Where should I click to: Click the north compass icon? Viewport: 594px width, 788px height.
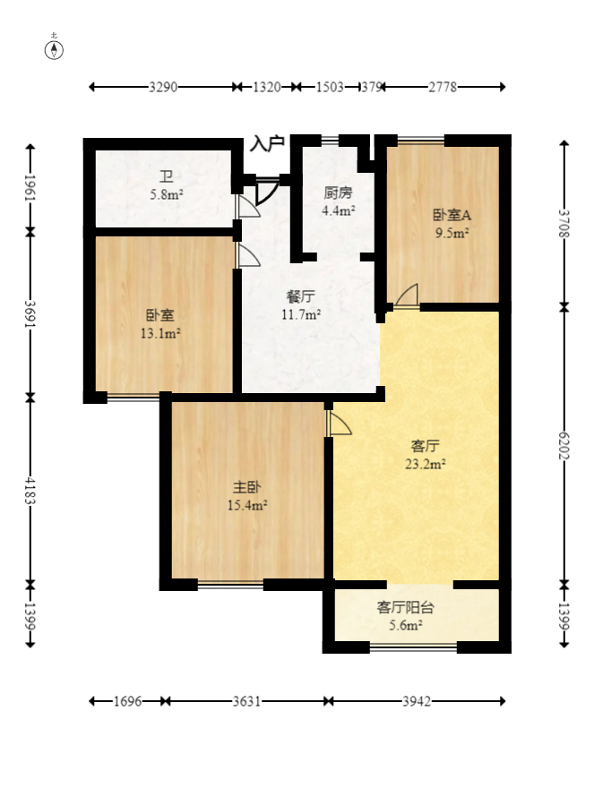[x=55, y=49]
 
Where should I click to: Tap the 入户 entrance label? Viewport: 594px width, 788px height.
[x=267, y=142]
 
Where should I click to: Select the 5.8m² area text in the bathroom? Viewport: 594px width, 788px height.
[x=167, y=193]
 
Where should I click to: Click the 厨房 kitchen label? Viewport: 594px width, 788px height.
[x=338, y=193]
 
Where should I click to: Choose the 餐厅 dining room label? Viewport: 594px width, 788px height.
[x=301, y=295]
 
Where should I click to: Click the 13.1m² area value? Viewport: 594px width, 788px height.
[x=160, y=334]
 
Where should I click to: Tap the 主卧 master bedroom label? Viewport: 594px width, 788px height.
[x=247, y=488]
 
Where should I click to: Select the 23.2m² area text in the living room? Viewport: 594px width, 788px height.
[x=426, y=464]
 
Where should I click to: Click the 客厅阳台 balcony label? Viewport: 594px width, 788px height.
[x=406, y=607]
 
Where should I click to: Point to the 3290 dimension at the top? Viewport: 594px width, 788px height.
[x=163, y=87]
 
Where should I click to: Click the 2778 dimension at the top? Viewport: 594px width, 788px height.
[x=443, y=87]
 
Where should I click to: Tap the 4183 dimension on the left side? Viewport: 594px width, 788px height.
[x=30, y=489]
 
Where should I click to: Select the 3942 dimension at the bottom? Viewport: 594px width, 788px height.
[x=416, y=701]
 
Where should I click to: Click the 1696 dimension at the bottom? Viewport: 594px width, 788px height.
[x=128, y=701]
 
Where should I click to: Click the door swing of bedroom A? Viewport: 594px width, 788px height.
[x=407, y=295]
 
